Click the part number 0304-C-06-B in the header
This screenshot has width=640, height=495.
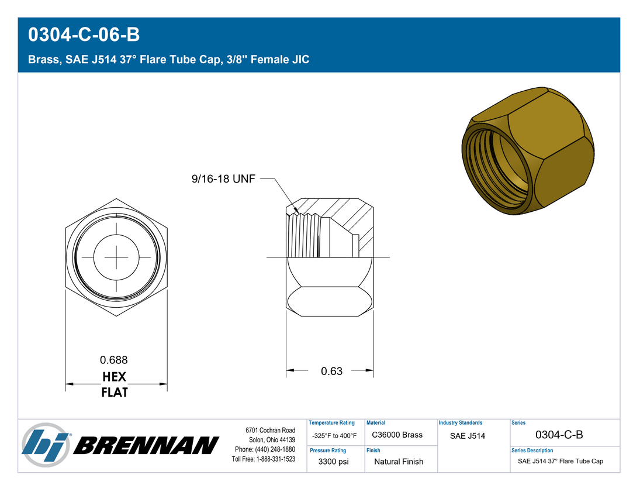tap(84, 35)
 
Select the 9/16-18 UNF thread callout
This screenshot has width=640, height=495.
tap(223, 178)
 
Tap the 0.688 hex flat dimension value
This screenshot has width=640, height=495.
tap(114, 360)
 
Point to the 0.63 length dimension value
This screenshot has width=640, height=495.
tap(331, 371)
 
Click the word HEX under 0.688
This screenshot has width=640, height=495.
tap(115, 376)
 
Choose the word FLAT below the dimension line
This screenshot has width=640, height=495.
tap(115, 393)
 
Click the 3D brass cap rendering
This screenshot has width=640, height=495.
tap(528, 150)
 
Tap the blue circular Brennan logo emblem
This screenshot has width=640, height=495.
tap(46, 445)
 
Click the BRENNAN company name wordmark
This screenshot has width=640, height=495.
tap(146, 445)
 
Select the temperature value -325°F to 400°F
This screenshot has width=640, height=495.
tap(334, 436)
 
